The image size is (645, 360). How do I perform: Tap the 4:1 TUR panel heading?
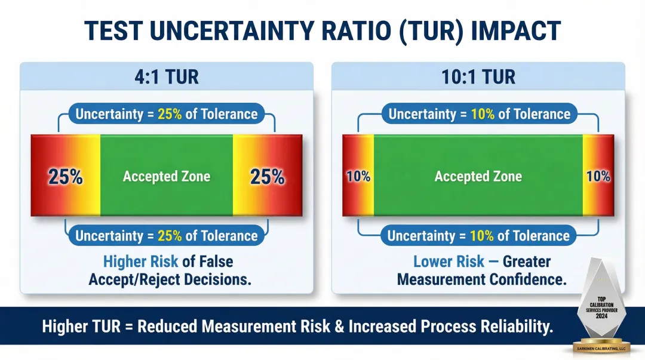pyautogui.click(x=167, y=76)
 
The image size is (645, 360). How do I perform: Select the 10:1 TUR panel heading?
pyautogui.click(x=478, y=76)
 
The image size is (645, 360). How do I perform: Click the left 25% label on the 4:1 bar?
pyautogui.click(x=65, y=177)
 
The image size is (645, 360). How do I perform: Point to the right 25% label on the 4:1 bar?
pyautogui.click(x=268, y=177)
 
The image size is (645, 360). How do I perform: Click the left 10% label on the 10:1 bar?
pyautogui.click(x=358, y=177)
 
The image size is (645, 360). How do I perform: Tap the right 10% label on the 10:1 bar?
pyautogui.click(x=598, y=177)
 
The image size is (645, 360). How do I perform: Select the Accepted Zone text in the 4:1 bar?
pyautogui.click(x=167, y=177)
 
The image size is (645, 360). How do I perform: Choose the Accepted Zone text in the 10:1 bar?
pyautogui.click(x=478, y=177)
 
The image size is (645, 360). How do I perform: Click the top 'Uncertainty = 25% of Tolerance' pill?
pyautogui.click(x=167, y=114)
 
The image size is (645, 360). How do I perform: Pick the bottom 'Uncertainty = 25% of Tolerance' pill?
pyautogui.click(x=167, y=235)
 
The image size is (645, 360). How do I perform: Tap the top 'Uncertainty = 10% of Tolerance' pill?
pyautogui.click(x=479, y=114)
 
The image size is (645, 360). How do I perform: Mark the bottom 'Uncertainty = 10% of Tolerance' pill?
pyautogui.click(x=479, y=235)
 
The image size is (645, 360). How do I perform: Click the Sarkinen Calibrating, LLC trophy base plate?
pyautogui.click(x=601, y=347)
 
